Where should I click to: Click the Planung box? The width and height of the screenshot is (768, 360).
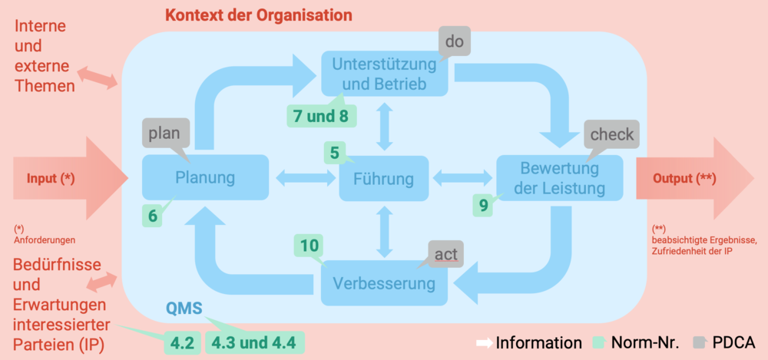205,177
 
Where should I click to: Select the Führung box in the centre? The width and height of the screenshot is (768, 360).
383,178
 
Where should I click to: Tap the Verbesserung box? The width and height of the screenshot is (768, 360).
384,283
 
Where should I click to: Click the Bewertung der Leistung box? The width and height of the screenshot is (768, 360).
560,178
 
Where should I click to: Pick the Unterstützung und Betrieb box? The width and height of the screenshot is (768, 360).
385,74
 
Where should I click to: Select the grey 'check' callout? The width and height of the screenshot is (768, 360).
612,134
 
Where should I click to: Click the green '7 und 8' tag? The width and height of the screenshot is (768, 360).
322,116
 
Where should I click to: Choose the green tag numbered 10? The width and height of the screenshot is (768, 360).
310,246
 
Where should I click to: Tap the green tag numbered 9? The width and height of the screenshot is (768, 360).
484,205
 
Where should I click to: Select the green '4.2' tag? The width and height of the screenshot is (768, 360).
182,343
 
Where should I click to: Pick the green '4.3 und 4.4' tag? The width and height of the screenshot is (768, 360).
254,343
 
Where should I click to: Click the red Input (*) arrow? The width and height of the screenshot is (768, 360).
66,178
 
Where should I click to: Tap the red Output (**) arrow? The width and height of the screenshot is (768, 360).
694,178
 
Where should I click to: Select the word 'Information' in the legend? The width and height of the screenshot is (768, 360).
539,343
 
